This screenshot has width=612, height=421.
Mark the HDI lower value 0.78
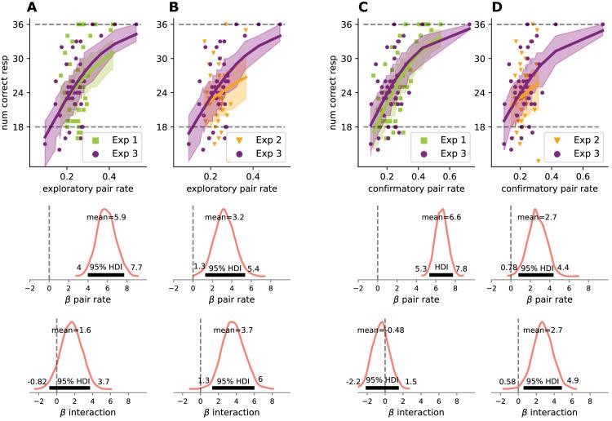[507, 267]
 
